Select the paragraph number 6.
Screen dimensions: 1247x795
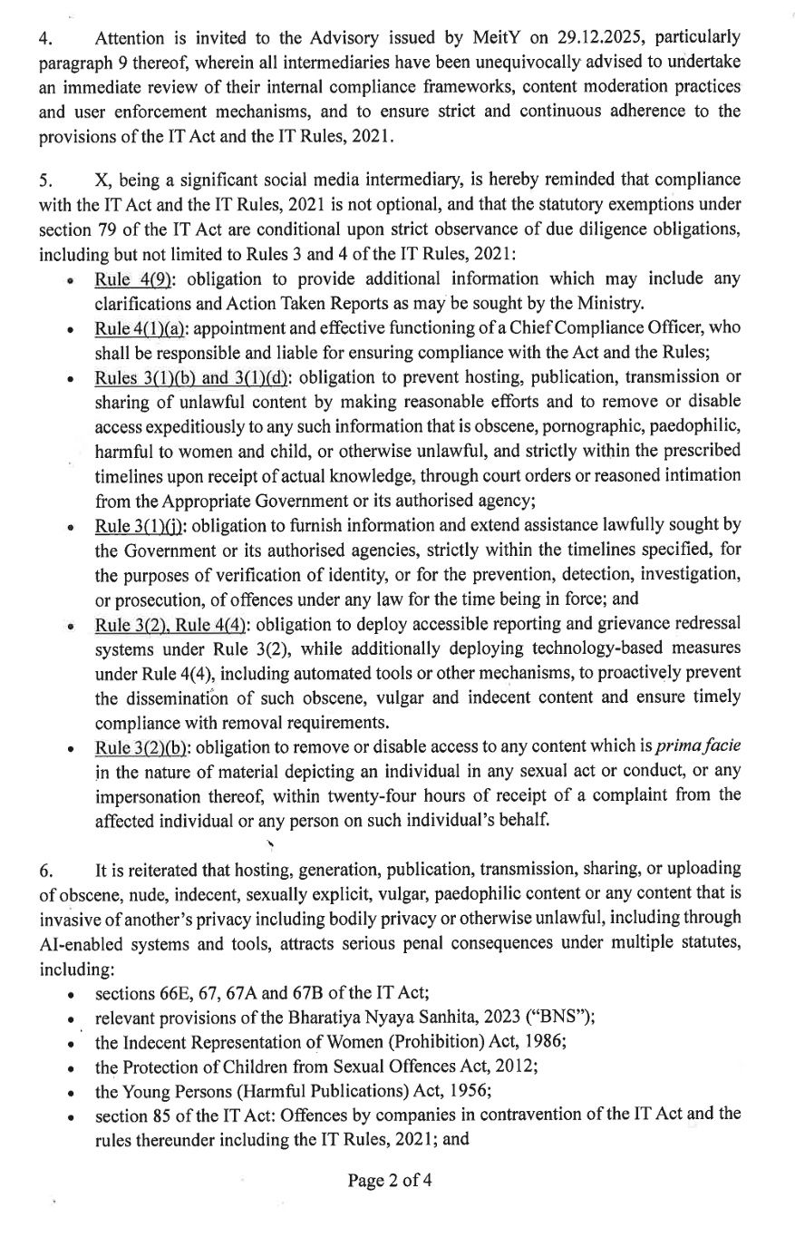point(44,870)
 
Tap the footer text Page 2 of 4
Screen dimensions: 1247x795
point(397,1180)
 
